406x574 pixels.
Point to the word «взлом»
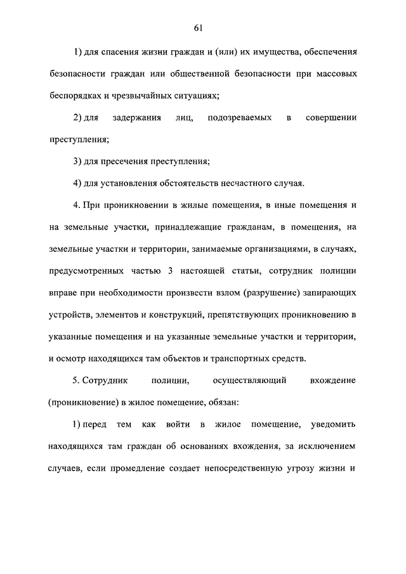pyautogui.click(x=242, y=293)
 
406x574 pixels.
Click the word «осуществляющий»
pyautogui.click(x=249, y=381)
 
